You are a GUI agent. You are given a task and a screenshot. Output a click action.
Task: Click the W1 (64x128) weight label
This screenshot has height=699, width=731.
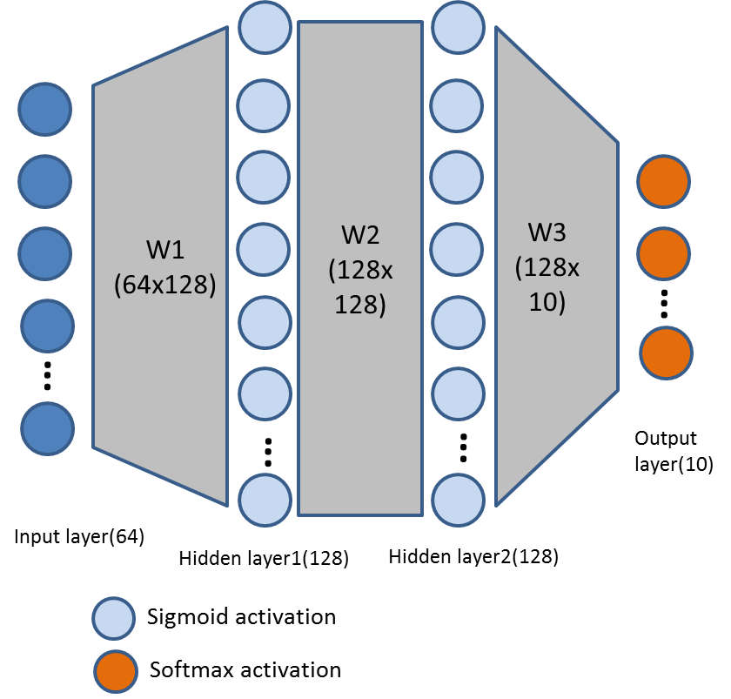[x=165, y=267]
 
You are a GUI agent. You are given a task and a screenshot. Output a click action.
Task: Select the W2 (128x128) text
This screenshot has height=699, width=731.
[x=360, y=270]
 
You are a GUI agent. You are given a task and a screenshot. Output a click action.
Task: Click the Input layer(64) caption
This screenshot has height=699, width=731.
[x=79, y=536]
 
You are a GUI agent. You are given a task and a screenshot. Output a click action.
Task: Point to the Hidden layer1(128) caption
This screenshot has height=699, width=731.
[x=263, y=559]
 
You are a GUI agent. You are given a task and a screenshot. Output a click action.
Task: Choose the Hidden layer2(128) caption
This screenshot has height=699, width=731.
[x=473, y=555]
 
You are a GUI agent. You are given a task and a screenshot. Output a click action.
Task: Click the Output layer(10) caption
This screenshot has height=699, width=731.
[x=674, y=452]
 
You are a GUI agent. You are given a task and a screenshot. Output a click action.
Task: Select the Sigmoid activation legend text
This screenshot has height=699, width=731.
[x=241, y=617]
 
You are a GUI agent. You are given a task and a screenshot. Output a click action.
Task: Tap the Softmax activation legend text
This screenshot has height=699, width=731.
[x=245, y=669]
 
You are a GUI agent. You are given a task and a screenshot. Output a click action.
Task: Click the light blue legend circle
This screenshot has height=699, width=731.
[x=114, y=618]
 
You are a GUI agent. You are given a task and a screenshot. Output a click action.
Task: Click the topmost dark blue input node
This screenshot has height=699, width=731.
[x=45, y=111]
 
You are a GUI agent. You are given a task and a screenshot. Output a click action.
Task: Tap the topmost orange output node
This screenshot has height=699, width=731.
[x=664, y=181]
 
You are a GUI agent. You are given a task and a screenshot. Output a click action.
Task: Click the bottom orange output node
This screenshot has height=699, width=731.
[x=667, y=353]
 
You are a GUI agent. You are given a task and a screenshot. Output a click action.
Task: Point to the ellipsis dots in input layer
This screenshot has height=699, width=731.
[x=47, y=375]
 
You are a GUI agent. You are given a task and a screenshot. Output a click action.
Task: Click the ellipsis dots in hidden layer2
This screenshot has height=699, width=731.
[x=463, y=447]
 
